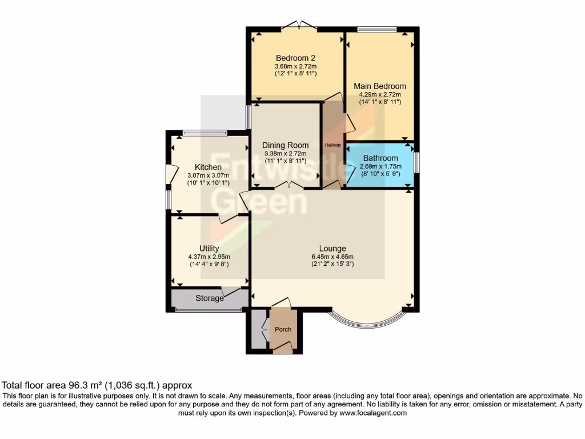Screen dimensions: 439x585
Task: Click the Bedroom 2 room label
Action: [x=295, y=58]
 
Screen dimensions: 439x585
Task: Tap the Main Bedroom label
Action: [x=380, y=86]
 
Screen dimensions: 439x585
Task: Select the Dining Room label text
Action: [x=285, y=145]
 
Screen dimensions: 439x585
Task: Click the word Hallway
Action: [x=332, y=145]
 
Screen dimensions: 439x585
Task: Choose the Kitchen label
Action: [x=208, y=167]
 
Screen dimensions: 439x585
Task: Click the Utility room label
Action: [x=209, y=248]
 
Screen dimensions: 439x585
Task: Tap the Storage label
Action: [x=210, y=298]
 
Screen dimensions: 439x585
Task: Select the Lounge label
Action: [x=332, y=248]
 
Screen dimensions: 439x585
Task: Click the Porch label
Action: [x=283, y=329]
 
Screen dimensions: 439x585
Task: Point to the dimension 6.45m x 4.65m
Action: [x=332, y=257]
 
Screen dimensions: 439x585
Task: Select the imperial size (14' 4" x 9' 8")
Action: [x=209, y=265]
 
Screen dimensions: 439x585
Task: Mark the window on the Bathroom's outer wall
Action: [x=416, y=162]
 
